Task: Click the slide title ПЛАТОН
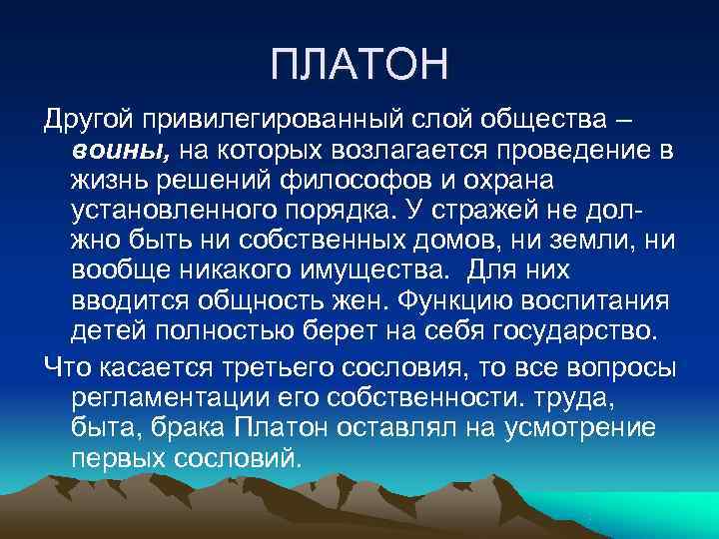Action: point(359,67)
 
